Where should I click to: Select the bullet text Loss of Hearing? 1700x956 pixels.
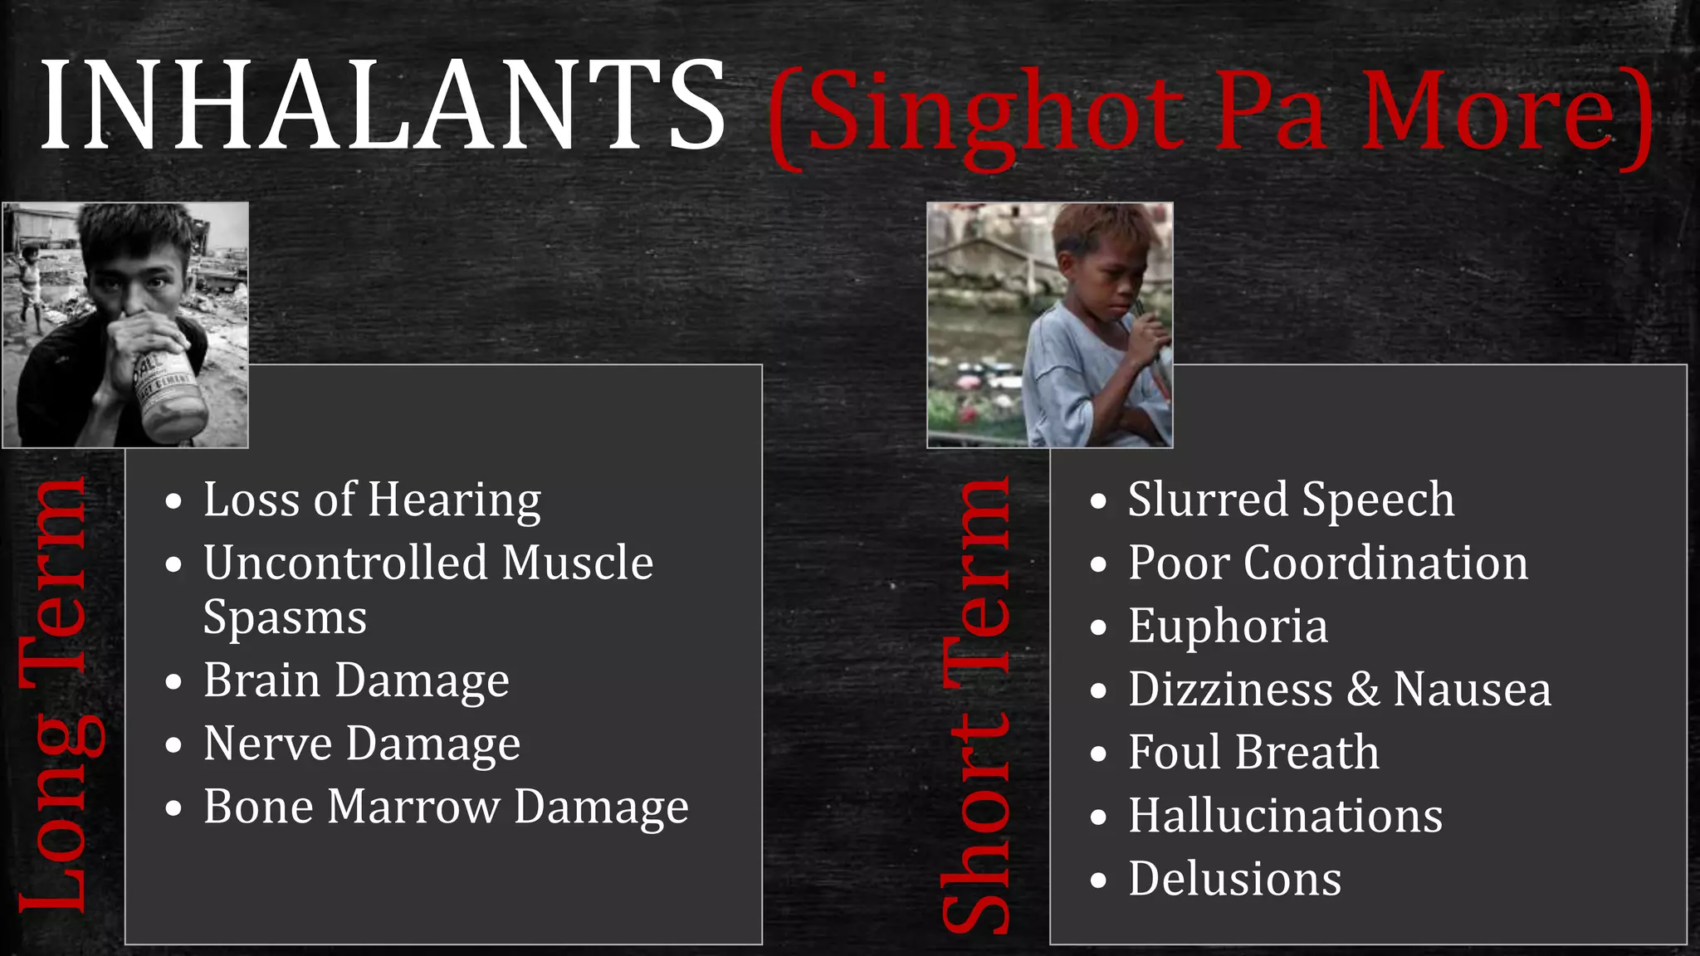tap(372, 500)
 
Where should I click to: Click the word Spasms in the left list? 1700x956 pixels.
tap(285, 618)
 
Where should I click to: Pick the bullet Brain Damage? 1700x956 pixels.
tap(356, 681)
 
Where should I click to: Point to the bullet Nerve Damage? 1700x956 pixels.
tap(362, 744)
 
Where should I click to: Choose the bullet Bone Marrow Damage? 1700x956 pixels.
tap(446, 807)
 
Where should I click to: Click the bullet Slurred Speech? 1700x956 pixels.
tap(1291, 500)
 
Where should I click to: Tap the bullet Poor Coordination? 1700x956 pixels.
tap(1327, 563)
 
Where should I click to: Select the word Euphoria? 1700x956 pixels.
tap(1228, 627)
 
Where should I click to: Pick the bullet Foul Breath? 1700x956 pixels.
tap(1253, 753)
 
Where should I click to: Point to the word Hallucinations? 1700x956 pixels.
tap(1285, 816)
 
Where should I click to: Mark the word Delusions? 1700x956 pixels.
tap(1234, 879)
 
